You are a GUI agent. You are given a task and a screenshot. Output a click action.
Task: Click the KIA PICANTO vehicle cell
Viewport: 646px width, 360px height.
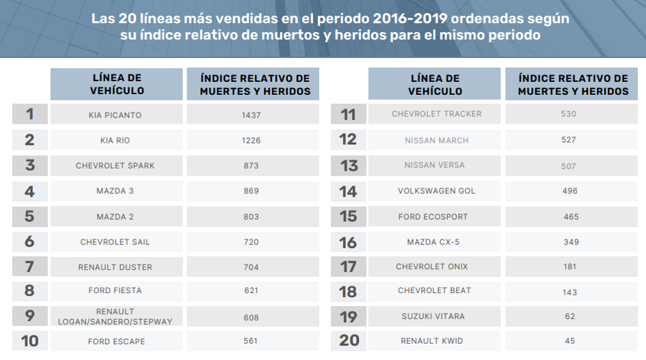point(115,115)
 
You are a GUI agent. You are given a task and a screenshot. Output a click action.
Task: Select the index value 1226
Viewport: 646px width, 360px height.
point(251,140)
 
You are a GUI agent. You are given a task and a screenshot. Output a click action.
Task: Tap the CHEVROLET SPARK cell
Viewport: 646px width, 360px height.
point(115,166)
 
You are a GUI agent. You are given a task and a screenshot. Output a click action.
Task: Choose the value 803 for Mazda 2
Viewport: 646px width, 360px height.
point(251,217)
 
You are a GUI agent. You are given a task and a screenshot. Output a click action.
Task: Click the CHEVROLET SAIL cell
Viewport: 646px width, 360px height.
point(115,242)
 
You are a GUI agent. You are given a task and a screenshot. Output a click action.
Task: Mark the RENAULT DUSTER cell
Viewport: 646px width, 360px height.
point(115,267)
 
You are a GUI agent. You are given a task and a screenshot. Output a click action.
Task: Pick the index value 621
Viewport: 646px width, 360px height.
point(251,290)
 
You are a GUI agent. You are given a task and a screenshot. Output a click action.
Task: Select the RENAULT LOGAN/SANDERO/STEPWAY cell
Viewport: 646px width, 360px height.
point(115,316)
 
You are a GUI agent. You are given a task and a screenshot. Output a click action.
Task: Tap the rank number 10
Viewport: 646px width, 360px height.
point(29,341)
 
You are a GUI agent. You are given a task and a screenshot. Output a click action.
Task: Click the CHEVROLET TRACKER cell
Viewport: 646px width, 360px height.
point(436,114)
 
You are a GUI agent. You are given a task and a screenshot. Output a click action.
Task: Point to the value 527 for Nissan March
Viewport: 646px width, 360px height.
point(567,140)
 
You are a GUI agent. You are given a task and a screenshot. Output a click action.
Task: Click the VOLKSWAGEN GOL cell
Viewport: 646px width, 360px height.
point(436,191)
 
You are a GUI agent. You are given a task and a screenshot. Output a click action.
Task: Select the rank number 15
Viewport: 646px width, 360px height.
point(348,217)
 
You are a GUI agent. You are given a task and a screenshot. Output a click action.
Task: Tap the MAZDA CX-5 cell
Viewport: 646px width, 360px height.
point(436,242)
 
